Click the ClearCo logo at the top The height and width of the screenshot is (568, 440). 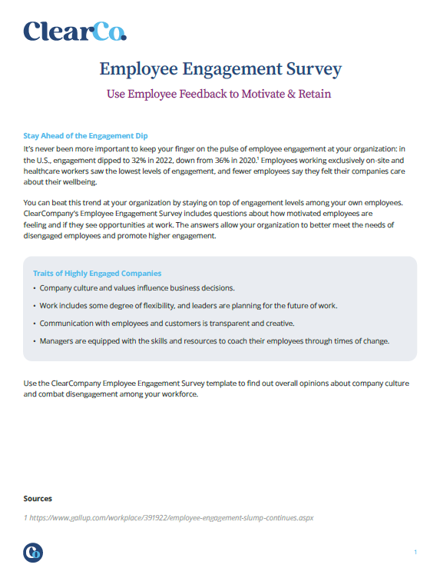point(74,31)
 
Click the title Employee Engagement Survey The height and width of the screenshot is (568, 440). point(220,69)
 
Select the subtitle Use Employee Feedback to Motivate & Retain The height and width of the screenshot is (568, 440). point(220,95)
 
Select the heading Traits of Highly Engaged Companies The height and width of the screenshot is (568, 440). point(97,273)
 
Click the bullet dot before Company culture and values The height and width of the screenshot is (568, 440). point(35,288)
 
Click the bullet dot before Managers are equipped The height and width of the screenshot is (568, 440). point(35,340)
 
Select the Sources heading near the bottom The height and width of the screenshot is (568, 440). point(38,498)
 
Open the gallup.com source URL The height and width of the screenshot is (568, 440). point(168,517)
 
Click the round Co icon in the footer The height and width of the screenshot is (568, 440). point(33,552)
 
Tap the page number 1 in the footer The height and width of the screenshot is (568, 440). point(415,552)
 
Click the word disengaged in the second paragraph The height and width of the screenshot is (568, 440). point(50,236)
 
